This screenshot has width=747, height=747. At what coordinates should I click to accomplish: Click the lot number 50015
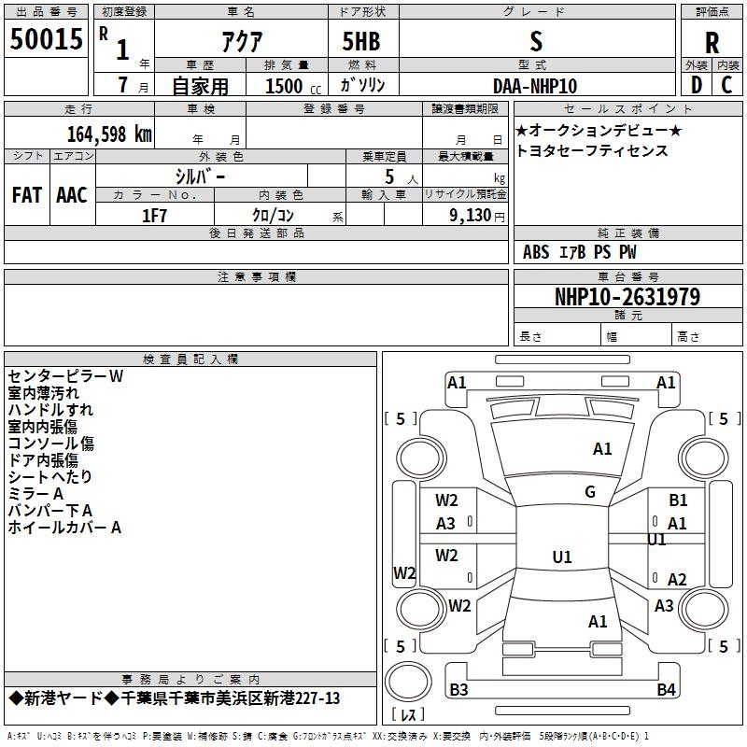pyautogui.click(x=46, y=38)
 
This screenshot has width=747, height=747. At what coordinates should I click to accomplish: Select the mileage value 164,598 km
pyautogui.click(x=109, y=134)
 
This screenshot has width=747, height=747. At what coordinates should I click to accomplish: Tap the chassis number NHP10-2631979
pyautogui.click(x=627, y=297)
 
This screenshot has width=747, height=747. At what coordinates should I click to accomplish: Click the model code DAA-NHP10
pyautogui.click(x=535, y=86)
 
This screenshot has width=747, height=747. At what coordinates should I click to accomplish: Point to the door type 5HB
pyautogui.click(x=361, y=41)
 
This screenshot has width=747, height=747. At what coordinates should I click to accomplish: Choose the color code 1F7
pyautogui.click(x=154, y=216)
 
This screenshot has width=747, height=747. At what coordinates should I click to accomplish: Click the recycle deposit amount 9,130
pyautogui.click(x=471, y=216)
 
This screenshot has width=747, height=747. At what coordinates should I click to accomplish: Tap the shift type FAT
pyautogui.click(x=27, y=195)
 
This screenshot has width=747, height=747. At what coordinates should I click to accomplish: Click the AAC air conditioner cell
pyautogui.click(x=72, y=195)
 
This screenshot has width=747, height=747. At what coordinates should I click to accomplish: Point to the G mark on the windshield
pyautogui.click(x=590, y=492)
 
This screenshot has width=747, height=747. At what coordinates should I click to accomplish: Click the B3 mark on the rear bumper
pyautogui.click(x=458, y=689)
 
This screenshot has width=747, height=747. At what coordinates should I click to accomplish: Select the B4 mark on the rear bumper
pyautogui.click(x=666, y=689)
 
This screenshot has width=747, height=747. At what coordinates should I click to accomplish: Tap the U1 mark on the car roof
pyautogui.click(x=562, y=557)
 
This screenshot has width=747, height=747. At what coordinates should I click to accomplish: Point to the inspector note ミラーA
pyautogui.click(x=35, y=494)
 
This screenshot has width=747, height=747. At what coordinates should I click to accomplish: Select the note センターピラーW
pyautogui.click(x=65, y=376)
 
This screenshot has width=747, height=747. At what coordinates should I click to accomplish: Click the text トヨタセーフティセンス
pyautogui.click(x=592, y=150)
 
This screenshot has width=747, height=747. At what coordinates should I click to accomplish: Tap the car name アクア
pyautogui.click(x=242, y=41)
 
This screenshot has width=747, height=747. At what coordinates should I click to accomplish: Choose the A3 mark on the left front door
pyautogui.click(x=445, y=524)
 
